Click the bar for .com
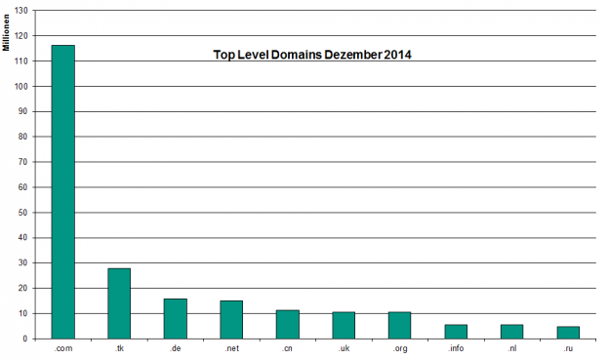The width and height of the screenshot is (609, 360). tap(62, 192)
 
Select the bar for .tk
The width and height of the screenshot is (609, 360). tap(119, 303)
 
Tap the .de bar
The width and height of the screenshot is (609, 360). tap(176, 319)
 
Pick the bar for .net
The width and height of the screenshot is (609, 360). tap(231, 320)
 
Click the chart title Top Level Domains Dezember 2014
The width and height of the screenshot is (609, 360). tap(312, 56)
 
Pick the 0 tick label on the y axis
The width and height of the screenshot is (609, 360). tap(26, 339)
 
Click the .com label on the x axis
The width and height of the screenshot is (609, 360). tap(62, 348)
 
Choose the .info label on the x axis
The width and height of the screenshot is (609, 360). tap(456, 348)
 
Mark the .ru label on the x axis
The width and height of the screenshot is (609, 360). tap(568, 348)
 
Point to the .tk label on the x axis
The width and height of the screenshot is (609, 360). tap(119, 348)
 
